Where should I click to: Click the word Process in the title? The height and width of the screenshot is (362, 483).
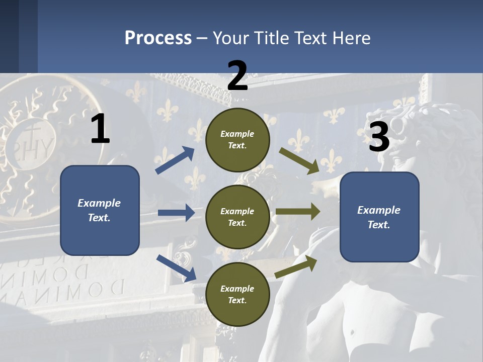pyautogui.click(x=158, y=38)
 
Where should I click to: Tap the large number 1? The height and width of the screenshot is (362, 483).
pyautogui.click(x=100, y=129)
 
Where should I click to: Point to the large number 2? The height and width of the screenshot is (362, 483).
pyautogui.click(x=237, y=76)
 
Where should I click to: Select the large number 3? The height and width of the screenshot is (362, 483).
pyautogui.click(x=379, y=137)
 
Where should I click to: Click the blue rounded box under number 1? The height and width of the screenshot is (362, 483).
pyautogui.click(x=100, y=210)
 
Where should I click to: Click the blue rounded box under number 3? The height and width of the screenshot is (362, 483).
pyautogui.click(x=379, y=217)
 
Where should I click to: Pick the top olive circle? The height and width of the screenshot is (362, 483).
pyautogui.click(x=237, y=140)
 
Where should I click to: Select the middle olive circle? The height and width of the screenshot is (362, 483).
pyautogui.click(x=237, y=217)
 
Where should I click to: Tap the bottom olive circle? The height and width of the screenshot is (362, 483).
pyautogui.click(x=237, y=295)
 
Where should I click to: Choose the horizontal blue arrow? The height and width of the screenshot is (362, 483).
pyautogui.click(x=176, y=213)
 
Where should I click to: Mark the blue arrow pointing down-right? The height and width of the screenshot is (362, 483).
pyautogui.click(x=176, y=268)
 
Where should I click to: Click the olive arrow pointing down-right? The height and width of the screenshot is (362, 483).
pyautogui.click(x=299, y=160)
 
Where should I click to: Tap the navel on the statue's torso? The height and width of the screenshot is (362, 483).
pyautogui.click(x=352, y=332)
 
